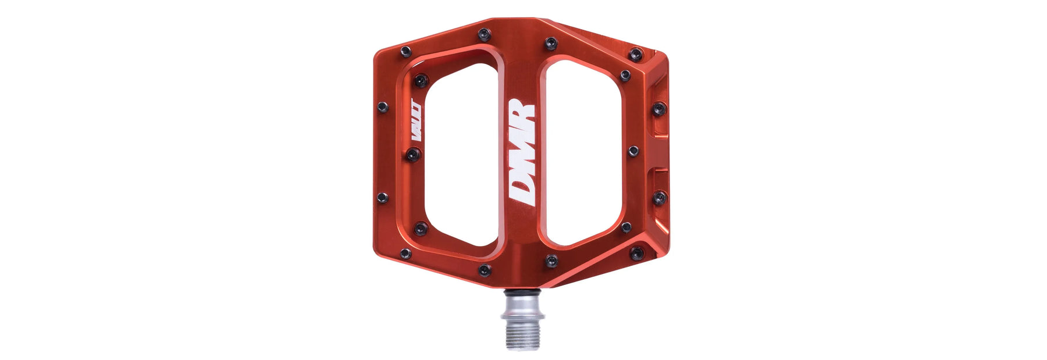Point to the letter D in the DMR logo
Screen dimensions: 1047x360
tap(521, 190)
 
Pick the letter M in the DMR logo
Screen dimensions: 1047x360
tap(522, 149)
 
